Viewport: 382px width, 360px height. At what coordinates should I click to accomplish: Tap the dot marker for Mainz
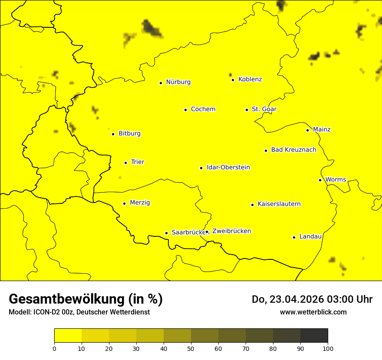(307, 130)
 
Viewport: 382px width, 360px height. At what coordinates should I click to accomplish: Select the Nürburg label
(178, 82)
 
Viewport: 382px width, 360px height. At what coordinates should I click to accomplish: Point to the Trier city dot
(126, 163)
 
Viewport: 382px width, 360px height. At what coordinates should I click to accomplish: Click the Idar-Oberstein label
(228, 167)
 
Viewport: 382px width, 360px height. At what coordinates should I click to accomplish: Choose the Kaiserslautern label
(279, 204)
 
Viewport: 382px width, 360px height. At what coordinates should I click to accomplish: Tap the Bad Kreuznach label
(293, 150)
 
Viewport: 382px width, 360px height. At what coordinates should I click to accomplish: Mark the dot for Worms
(320, 180)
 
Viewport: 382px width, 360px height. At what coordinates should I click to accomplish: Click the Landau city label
(310, 236)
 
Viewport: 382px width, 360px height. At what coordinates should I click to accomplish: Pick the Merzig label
(140, 203)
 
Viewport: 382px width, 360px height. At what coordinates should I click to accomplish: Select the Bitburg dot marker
(113, 134)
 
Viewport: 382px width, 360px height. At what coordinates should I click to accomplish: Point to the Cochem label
(203, 109)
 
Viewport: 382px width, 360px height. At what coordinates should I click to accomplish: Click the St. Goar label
(264, 109)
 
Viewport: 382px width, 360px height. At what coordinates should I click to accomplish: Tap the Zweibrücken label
(231, 231)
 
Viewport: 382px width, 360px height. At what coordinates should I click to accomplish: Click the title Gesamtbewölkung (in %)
(86, 299)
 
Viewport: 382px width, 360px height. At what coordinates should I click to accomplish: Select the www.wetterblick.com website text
(313, 312)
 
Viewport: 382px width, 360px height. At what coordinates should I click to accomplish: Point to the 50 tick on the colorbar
(191, 348)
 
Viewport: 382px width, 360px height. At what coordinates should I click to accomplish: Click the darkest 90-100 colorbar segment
(314, 336)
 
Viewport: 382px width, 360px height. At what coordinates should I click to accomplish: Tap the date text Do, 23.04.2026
(286, 299)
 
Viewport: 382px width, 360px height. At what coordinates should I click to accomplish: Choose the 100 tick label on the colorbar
(328, 348)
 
